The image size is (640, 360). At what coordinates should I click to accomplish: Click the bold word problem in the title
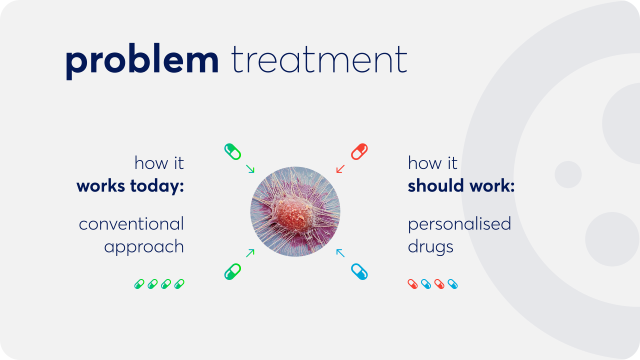[x=142, y=61]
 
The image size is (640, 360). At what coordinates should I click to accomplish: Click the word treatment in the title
[x=319, y=59]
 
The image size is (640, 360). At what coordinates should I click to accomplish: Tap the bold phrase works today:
[x=130, y=185]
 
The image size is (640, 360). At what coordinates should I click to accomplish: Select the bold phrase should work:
[x=461, y=185]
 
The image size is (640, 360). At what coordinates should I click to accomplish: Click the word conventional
[x=131, y=223]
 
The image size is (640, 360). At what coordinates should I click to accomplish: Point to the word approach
[x=144, y=247]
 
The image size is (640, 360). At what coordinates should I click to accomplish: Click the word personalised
[x=459, y=223]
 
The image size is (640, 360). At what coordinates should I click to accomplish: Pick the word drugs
[x=430, y=247]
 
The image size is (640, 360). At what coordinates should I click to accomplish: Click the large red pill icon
[x=359, y=151]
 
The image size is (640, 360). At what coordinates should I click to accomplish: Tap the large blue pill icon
[x=359, y=271]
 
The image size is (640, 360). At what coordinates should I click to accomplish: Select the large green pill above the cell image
[x=232, y=151]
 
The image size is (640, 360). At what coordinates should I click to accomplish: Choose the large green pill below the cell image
[x=232, y=271]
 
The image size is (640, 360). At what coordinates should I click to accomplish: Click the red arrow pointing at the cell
[x=340, y=169]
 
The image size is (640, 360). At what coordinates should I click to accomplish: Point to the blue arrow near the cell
[x=340, y=253]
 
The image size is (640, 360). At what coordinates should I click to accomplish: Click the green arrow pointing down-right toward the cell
[x=250, y=169]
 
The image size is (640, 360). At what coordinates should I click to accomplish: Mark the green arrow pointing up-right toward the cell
[x=250, y=253]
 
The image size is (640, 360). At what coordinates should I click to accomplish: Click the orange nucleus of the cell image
[x=294, y=215]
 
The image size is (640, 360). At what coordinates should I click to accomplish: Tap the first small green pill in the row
[x=139, y=284]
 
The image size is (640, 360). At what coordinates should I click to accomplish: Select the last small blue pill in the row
[x=452, y=284]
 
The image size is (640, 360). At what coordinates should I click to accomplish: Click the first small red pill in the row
[x=412, y=284]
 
